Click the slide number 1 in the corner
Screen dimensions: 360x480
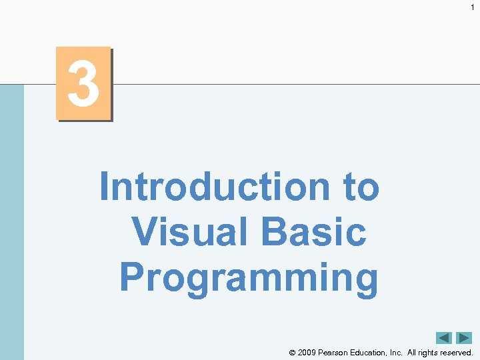pos(472,7)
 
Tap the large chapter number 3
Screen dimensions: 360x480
pos(83,84)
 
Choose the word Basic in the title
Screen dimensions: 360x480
pos(314,232)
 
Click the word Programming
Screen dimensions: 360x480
pos(249,278)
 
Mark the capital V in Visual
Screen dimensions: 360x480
pos(145,232)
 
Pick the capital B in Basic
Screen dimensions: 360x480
pos(274,232)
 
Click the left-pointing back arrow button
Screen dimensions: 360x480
pos(444,338)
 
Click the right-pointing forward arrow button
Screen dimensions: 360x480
pos(464,338)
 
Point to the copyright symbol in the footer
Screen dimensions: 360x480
pos(292,353)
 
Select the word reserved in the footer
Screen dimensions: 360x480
pos(458,352)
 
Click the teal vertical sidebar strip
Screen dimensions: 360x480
pos(11,220)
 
